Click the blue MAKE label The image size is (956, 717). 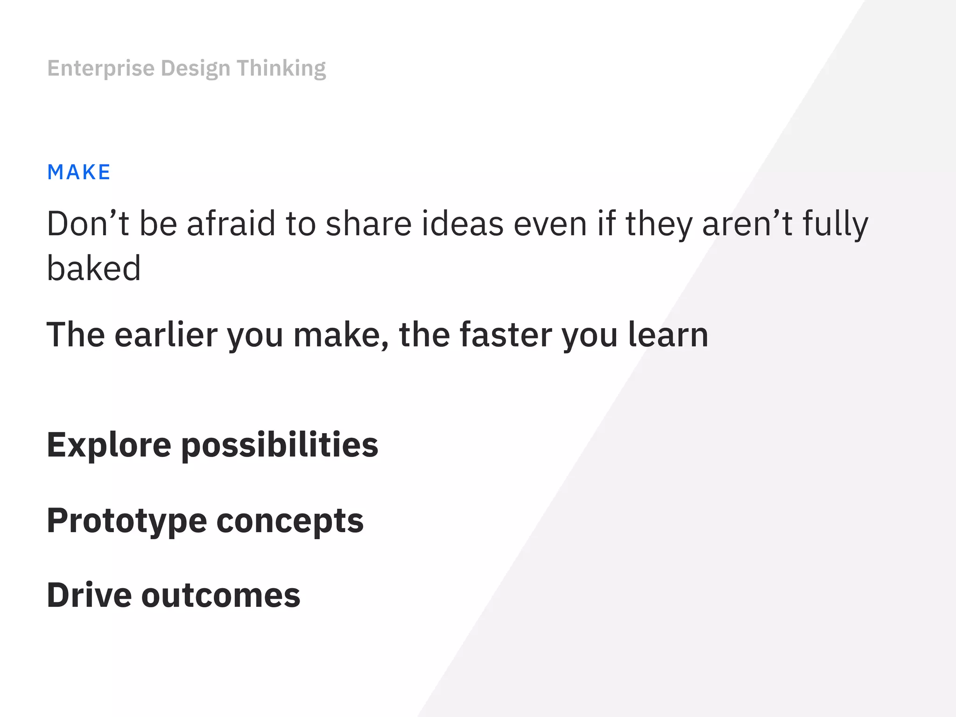point(79,172)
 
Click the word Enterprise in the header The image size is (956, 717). point(101,68)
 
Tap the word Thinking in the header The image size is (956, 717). point(281,68)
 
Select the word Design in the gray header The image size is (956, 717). point(196,69)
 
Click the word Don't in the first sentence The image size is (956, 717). point(88,224)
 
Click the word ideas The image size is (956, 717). point(463,224)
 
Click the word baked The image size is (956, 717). point(94,268)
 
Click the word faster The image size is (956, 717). point(506,335)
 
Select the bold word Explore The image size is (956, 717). point(109,445)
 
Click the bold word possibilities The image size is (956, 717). point(280,445)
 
